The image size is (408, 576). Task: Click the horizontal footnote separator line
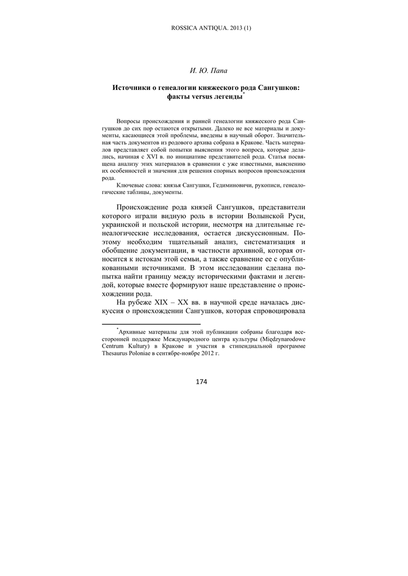[x=151, y=324]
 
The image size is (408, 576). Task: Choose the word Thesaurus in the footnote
[x=117, y=355]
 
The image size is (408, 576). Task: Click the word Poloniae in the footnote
[x=148, y=355]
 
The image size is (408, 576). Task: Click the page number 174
[x=202, y=382]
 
